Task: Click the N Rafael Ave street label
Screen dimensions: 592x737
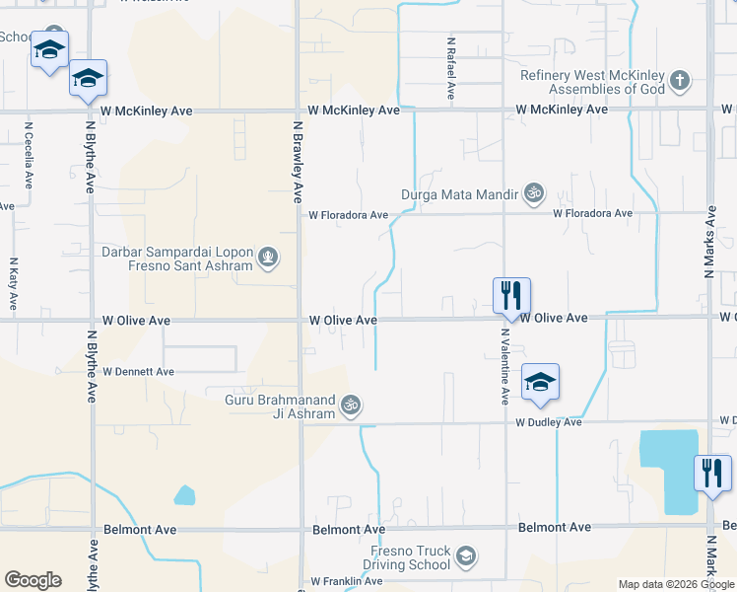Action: [450, 69]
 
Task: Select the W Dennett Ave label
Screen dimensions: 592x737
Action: [138, 372]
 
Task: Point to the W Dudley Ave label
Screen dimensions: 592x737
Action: [549, 422]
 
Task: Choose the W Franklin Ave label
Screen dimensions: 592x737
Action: [345, 581]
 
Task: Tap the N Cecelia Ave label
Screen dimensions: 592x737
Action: [30, 155]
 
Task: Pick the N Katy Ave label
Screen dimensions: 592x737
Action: [14, 284]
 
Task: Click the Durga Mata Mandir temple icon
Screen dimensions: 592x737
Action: [534, 193]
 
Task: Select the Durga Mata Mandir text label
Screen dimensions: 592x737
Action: [459, 194]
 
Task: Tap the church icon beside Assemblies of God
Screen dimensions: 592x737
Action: [679, 81]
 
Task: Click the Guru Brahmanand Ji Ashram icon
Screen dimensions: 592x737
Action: [350, 405]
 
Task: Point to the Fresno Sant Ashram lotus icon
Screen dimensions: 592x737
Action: [268, 259]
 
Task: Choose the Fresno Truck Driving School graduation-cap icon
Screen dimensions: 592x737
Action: [465, 558]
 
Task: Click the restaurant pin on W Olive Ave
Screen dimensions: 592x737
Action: [511, 295]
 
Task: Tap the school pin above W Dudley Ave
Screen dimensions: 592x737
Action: [540, 382]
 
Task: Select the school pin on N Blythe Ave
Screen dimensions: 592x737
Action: [88, 78]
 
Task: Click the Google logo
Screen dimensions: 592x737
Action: [33, 580]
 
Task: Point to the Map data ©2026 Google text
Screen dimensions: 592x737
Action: [675, 584]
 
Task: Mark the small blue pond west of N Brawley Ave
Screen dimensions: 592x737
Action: [184, 494]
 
